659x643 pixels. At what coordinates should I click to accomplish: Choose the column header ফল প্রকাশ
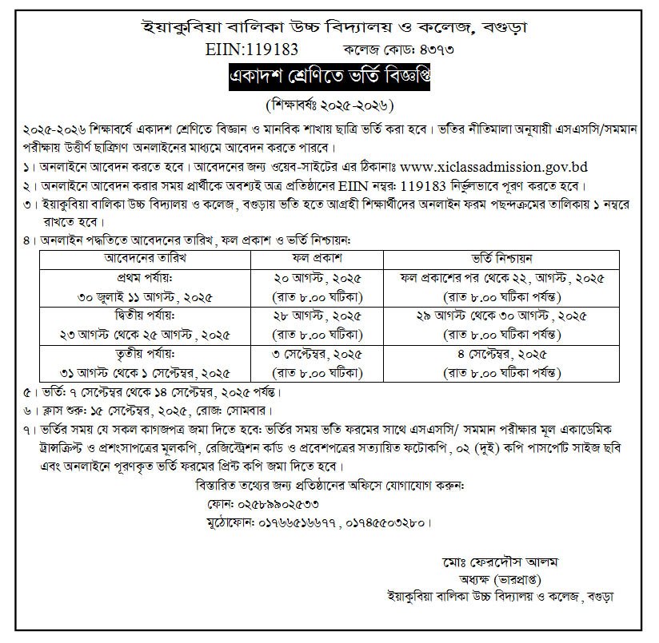tap(329, 259)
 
